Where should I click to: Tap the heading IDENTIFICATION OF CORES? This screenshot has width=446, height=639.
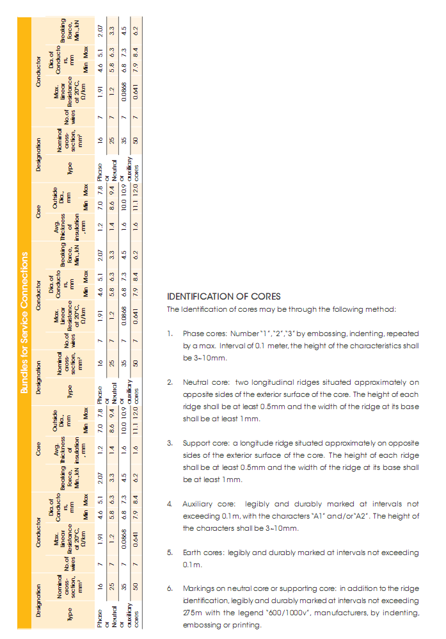tap(223, 296)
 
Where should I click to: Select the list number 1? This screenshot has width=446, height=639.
tap(170, 334)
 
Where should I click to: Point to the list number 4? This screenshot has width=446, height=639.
tap(170, 504)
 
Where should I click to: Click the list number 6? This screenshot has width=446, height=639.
tap(170, 588)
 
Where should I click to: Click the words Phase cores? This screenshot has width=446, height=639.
tap(203, 334)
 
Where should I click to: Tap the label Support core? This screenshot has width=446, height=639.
tap(206, 443)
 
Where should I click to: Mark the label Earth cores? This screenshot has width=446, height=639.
tap(203, 553)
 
